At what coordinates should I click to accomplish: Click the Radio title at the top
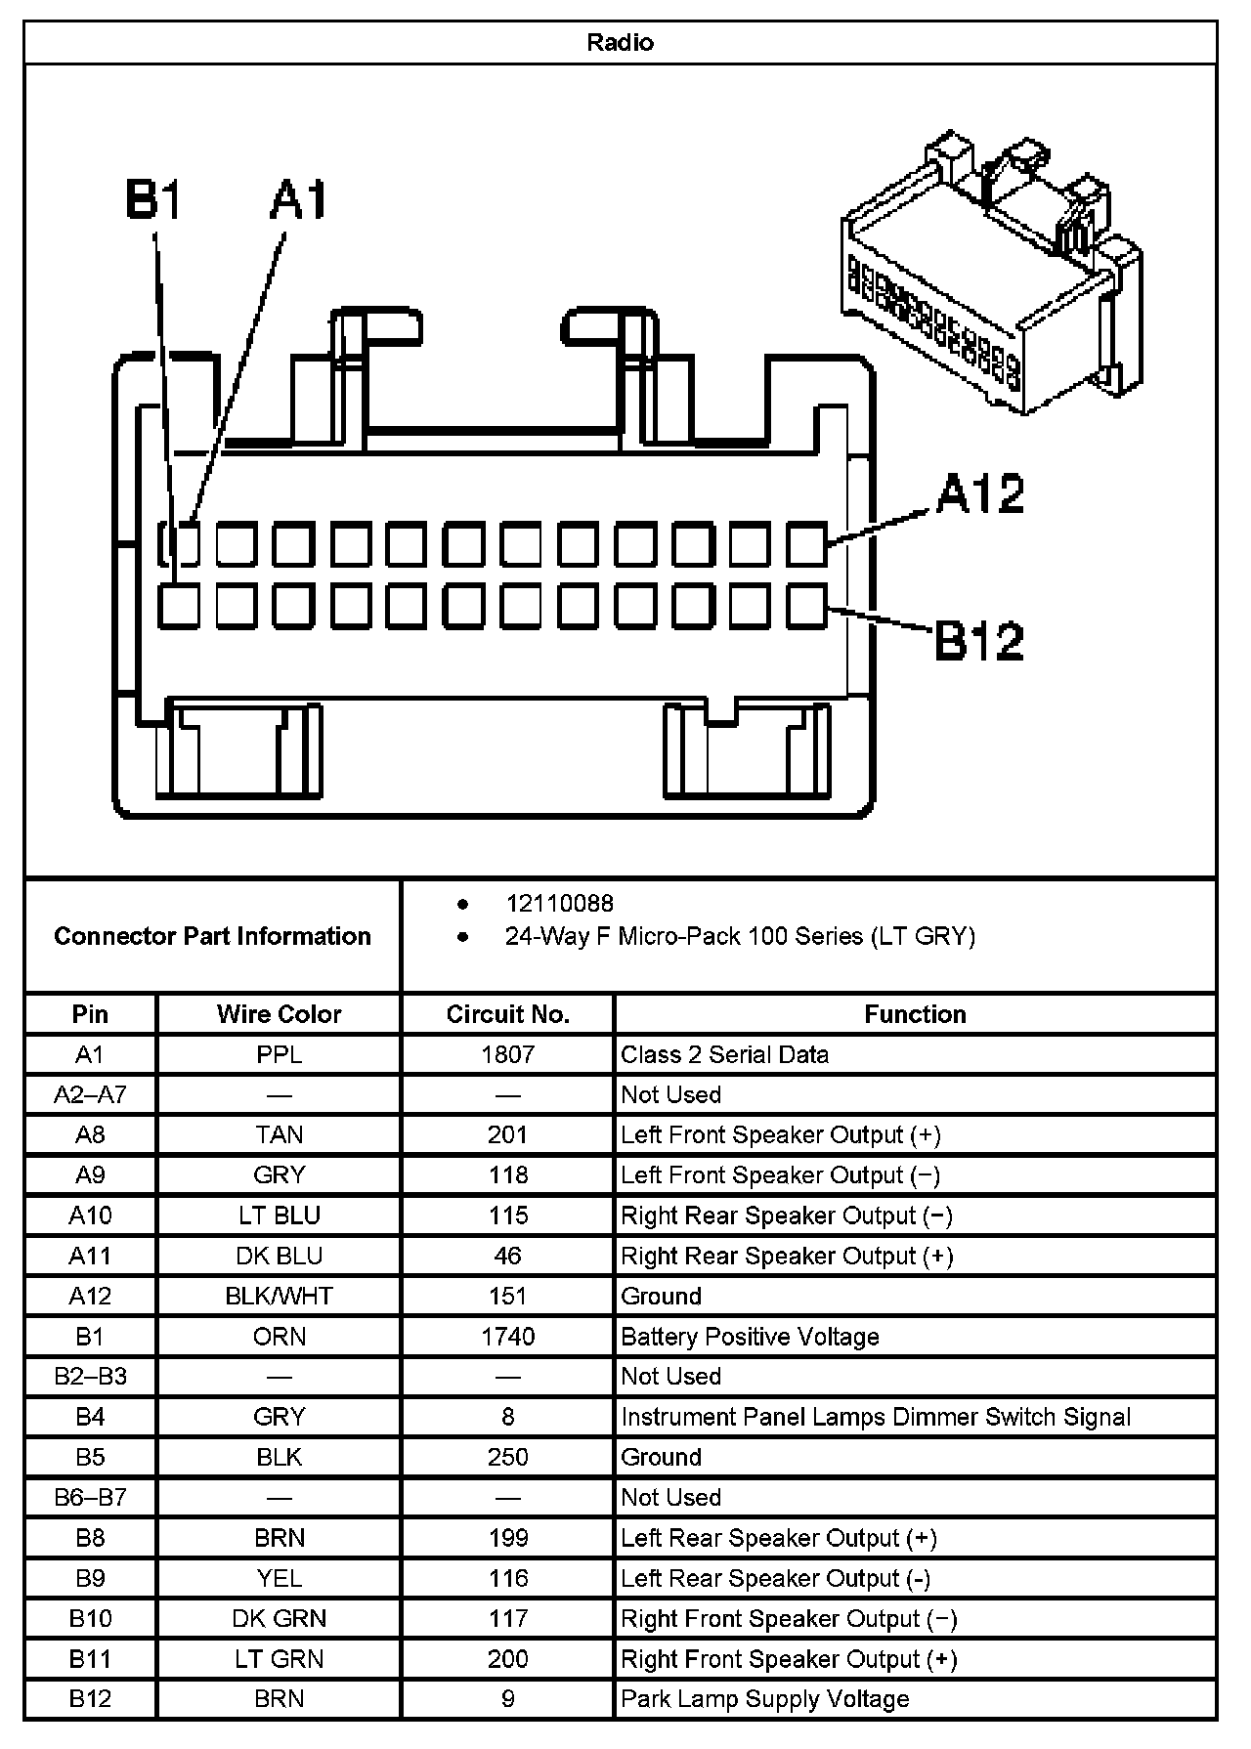(x=620, y=43)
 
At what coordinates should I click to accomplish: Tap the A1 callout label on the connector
(x=299, y=200)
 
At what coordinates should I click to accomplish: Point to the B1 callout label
(x=154, y=200)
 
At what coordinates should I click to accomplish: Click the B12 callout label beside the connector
(x=978, y=641)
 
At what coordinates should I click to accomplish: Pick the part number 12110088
(x=559, y=904)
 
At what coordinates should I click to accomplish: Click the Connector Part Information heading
(x=212, y=936)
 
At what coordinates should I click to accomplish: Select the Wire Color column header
(x=279, y=1014)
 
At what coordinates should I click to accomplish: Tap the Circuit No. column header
(x=507, y=1014)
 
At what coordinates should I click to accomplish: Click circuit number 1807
(x=507, y=1055)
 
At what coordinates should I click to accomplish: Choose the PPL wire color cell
(x=279, y=1055)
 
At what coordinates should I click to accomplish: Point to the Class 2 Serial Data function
(x=724, y=1055)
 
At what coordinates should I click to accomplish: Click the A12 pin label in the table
(x=90, y=1297)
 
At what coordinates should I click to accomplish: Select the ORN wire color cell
(x=279, y=1337)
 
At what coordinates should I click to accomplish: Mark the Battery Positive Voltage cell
(x=750, y=1337)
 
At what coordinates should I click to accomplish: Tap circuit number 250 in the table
(x=507, y=1458)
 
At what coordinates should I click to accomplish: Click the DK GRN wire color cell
(x=279, y=1619)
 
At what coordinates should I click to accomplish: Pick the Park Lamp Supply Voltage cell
(x=764, y=1699)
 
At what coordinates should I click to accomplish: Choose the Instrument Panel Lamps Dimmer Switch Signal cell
(x=875, y=1418)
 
